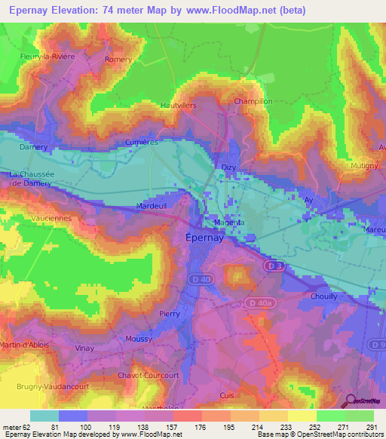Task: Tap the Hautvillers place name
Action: [178, 106]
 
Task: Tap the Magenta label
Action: [228, 223]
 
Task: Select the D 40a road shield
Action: [259, 303]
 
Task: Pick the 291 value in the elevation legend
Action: [369, 428]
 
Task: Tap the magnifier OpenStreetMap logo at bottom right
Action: [349, 401]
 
